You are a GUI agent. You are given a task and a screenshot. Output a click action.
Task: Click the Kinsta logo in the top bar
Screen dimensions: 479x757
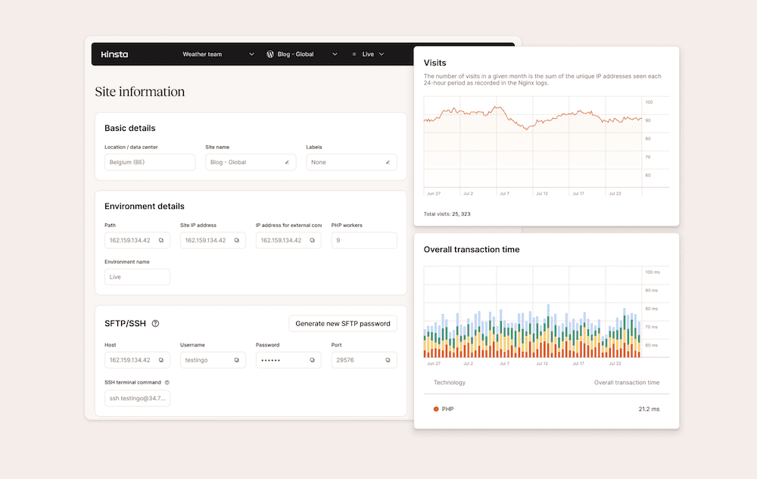coord(114,54)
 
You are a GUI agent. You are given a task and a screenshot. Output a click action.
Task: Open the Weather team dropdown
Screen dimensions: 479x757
coord(219,54)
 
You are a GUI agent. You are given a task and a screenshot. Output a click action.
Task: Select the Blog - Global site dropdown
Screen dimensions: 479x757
coord(301,54)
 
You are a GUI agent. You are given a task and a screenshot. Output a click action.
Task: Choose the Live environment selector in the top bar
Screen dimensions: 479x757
coord(369,54)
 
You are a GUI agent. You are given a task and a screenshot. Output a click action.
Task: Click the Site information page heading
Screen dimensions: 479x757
coord(139,92)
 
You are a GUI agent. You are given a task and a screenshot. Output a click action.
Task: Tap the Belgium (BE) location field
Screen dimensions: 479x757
coord(149,162)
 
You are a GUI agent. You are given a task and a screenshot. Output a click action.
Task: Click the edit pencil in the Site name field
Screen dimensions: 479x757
coord(287,162)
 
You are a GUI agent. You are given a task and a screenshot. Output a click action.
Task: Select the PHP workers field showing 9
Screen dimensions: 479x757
coord(363,241)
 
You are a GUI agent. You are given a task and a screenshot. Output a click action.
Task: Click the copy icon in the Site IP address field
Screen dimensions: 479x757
coord(236,241)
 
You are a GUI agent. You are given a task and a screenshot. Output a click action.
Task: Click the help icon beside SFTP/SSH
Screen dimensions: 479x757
coord(155,323)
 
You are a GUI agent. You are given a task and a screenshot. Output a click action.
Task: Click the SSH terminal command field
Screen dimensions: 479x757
coord(137,398)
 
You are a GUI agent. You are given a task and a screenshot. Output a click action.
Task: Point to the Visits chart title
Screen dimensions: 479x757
coord(435,62)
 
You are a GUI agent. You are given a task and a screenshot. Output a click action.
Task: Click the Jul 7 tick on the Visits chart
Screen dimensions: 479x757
coord(502,194)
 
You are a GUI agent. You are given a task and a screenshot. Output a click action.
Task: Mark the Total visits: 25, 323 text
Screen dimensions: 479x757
coord(447,214)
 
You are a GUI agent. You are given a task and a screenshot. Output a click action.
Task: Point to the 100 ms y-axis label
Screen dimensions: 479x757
coord(652,272)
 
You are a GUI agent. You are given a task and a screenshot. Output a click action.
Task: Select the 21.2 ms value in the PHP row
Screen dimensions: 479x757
coord(648,409)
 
